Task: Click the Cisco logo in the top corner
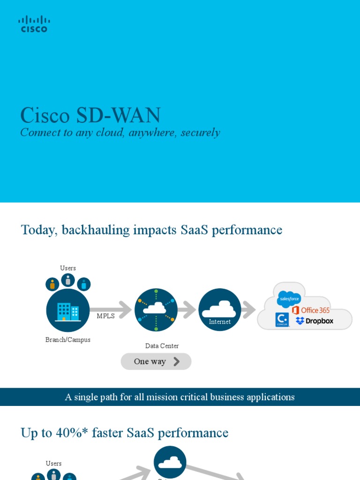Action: point(34,24)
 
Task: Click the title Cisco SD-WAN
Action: point(90,116)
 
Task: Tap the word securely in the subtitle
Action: point(201,133)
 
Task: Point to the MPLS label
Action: point(105,316)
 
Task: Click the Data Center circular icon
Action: point(156,310)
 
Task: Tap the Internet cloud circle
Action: point(220,310)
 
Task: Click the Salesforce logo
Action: point(289,299)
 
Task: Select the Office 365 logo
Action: point(311,310)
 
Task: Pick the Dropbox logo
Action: point(315,321)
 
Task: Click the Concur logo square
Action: point(282,320)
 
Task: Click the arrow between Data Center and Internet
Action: point(187,310)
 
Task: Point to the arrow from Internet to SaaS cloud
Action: point(248,310)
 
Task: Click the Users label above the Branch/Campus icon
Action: point(68,268)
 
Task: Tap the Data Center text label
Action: point(162,346)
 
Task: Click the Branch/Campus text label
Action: point(68,340)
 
